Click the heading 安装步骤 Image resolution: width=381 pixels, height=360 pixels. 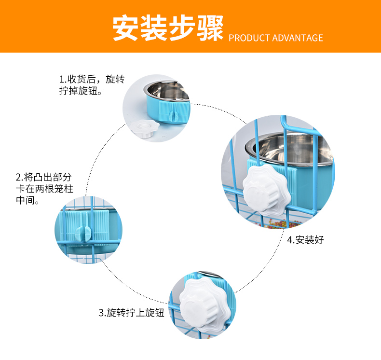point(168,28)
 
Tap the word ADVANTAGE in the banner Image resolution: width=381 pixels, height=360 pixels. point(298,38)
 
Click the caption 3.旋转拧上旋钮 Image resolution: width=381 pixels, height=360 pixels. point(132,313)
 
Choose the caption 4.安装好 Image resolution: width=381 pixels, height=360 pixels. point(305,240)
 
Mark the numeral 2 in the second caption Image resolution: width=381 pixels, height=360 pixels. point(18,177)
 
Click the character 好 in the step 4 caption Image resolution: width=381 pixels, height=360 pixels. point(319,240)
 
